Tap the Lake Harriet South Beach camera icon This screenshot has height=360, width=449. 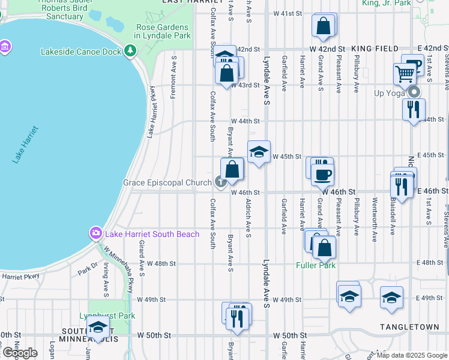click(x=95, y=233)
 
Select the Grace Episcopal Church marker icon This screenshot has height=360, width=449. click(x=220, y=182)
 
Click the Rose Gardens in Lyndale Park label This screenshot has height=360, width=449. click(x=163, y=31)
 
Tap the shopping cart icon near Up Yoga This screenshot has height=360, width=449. click(x=405, y=74)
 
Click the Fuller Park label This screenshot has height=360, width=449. click(x=316, y=265)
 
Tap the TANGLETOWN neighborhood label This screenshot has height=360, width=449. click(x=405, y=326)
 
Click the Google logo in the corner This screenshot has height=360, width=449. click(x=20, y=353)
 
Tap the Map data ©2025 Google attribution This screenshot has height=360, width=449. click(x=412, y=355)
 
